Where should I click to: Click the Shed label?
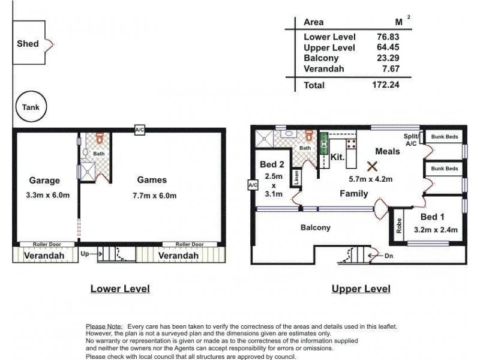coord(28,43)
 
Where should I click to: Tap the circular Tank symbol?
coord(30,107)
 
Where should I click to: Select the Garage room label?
coord(44,180)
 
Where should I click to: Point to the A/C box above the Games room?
coord(139,129)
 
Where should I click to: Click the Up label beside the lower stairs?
coord(85,254)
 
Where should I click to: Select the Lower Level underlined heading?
coord(119,289)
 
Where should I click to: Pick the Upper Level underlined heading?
coord(361,289)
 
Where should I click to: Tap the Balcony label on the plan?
coord(315,227)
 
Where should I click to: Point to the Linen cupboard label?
coord(296,178)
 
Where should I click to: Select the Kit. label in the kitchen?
coord(337,157)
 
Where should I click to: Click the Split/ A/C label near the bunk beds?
coord(411,140)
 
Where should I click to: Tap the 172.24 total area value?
coord(385,85)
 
